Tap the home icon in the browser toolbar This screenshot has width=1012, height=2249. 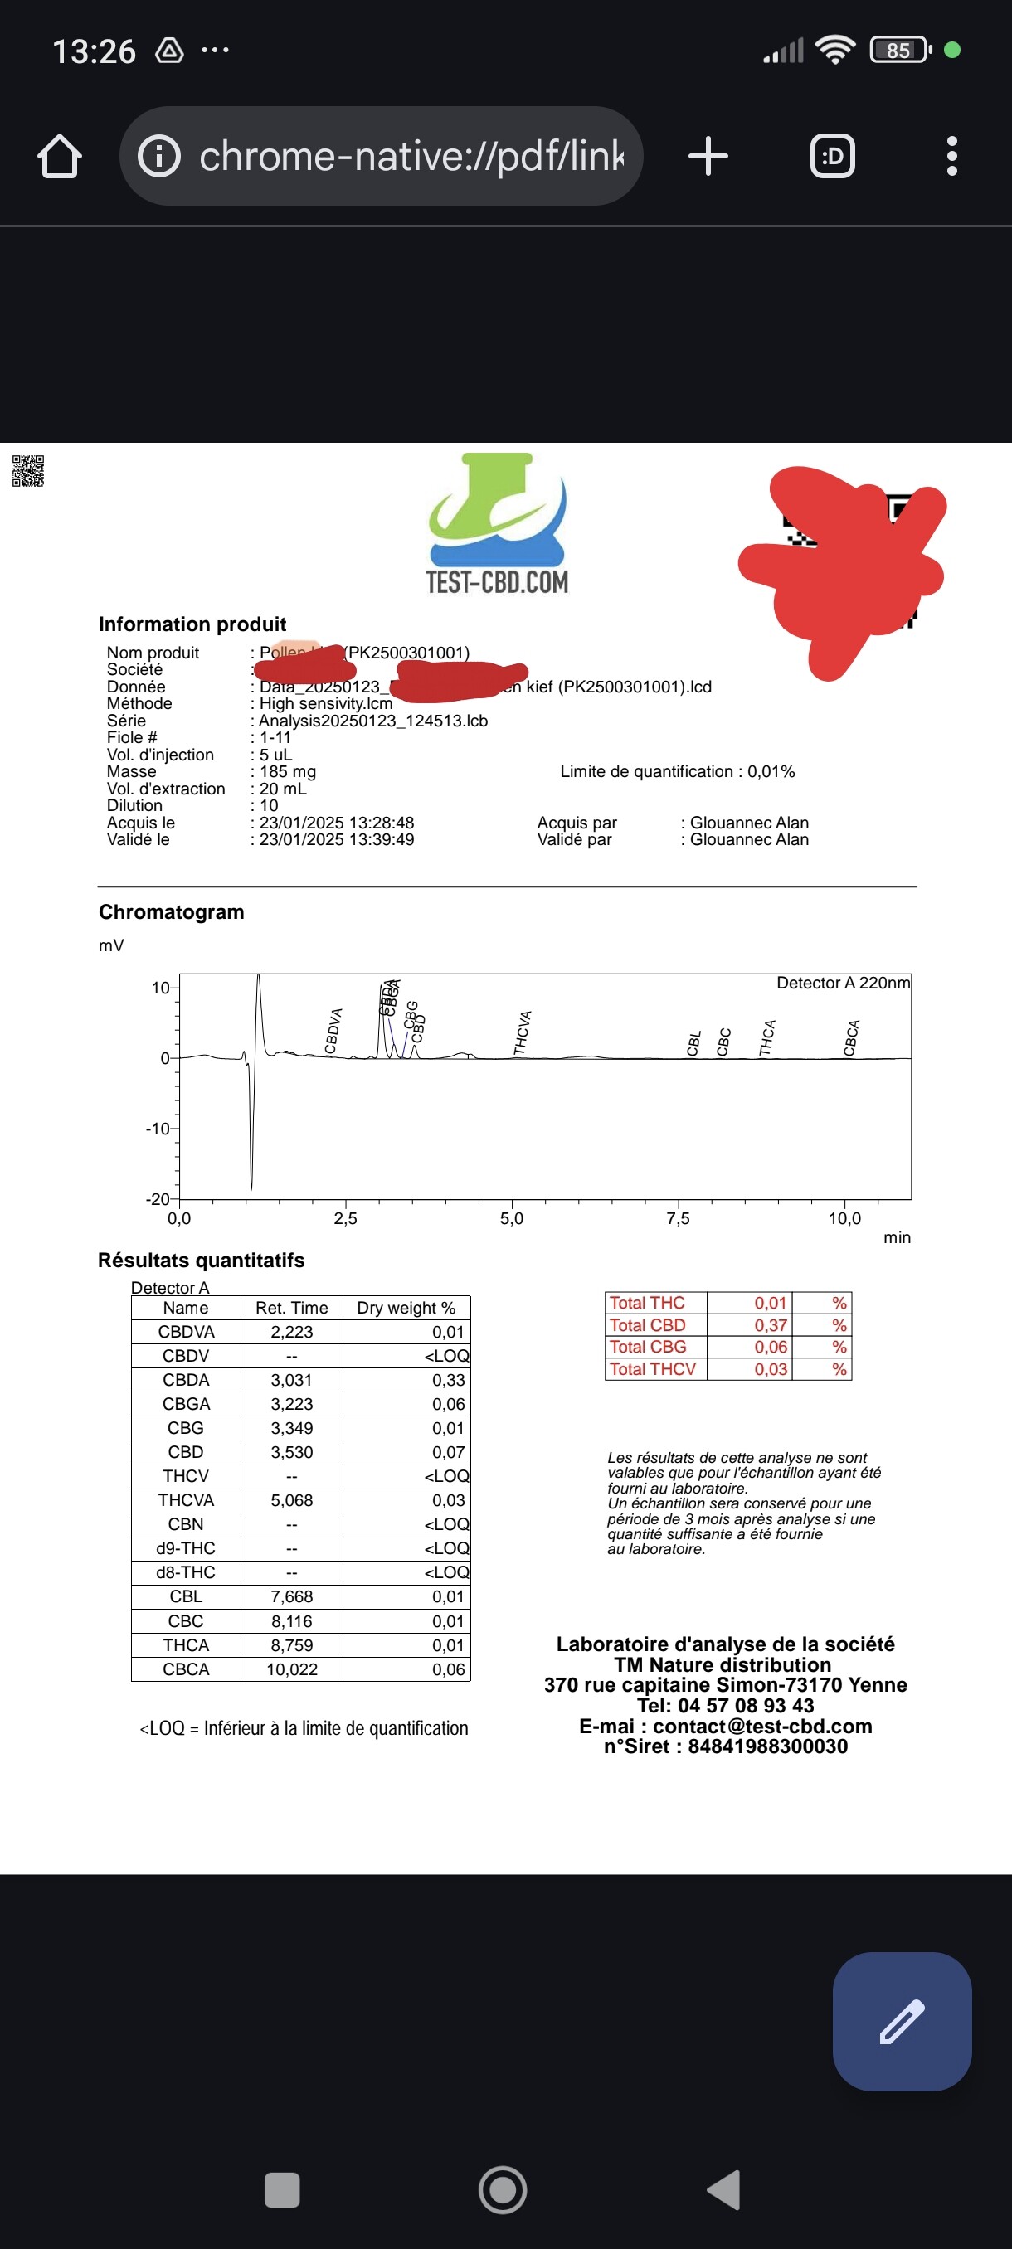coord(60,156)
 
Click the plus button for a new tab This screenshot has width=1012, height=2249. coord(708,156)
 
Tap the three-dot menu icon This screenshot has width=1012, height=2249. coord(951,156)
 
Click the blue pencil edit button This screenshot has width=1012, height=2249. coord(901,2021)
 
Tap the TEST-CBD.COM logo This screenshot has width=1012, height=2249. coord(497,524)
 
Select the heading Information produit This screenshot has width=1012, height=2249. coord(192,624)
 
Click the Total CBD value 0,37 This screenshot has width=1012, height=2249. coord(770,1325)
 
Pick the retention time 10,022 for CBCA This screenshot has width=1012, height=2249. coord(292,1669)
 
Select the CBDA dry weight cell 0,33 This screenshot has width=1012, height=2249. coord(448,1379)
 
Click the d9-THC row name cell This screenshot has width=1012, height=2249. coord(186,1548)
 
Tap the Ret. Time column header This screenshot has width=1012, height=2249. coord(292,1308)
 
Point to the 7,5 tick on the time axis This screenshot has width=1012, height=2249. coord(678,1218)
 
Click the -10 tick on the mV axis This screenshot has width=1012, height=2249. coord(158,1129)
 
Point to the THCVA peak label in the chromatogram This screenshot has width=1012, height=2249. coord(522,1032)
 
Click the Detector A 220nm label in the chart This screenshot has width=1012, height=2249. coord(843,983)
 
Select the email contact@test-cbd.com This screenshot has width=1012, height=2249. coord(762,1726)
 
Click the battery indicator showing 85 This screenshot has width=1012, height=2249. coord(899,51)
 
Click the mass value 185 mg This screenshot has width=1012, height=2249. coord(287,772)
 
